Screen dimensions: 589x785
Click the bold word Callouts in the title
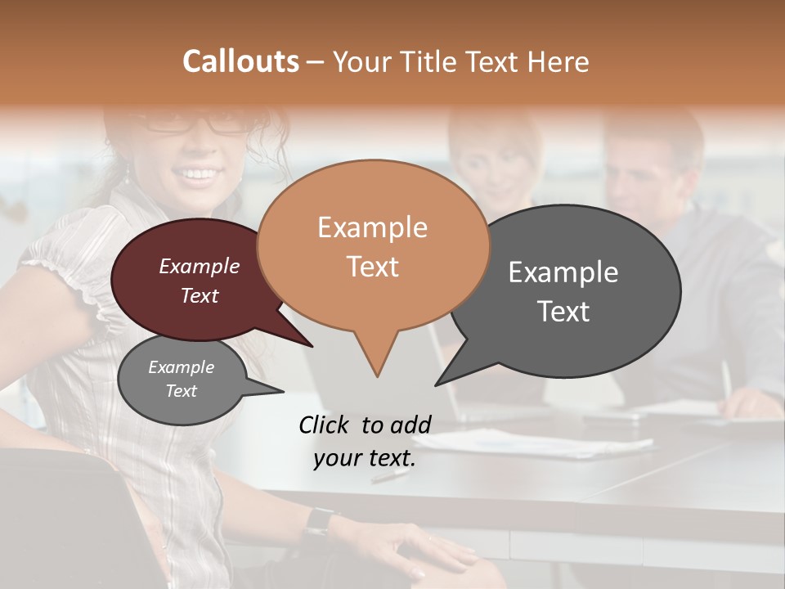[240, 61]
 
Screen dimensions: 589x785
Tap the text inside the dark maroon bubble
[200, 281]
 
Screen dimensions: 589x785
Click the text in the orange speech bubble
[372, 246]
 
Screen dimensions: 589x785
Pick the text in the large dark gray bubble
[563, 291]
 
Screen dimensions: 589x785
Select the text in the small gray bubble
[181, 379]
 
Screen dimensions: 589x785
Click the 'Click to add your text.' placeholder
[365, 441]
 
